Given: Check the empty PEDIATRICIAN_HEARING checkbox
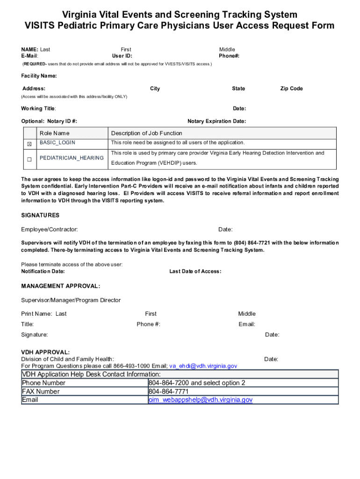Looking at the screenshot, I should coord(29,159).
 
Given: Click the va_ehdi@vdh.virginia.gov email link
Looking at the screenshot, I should coord(203,366).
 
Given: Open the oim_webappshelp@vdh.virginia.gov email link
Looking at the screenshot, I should coord(201,400).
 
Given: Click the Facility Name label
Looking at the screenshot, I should coord(39,76).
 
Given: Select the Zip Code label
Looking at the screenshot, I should coord(291,88).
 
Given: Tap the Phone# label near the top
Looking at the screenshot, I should coord(229,56).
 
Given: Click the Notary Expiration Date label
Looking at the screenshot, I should coord(216,121).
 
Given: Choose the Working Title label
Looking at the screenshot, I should coord(39,109).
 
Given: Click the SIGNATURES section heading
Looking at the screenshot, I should coord(40,215).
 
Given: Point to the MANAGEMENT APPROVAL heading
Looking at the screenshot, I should coord(60,286).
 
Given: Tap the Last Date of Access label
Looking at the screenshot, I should coord(195,271).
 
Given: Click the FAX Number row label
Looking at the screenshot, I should coord(41,392).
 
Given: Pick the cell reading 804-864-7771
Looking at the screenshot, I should coord(168,392).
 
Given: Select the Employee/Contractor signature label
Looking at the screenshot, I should coord(50,229).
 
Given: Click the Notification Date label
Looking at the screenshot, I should coord(43,271).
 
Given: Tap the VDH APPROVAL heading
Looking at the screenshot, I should coord(45,352).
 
